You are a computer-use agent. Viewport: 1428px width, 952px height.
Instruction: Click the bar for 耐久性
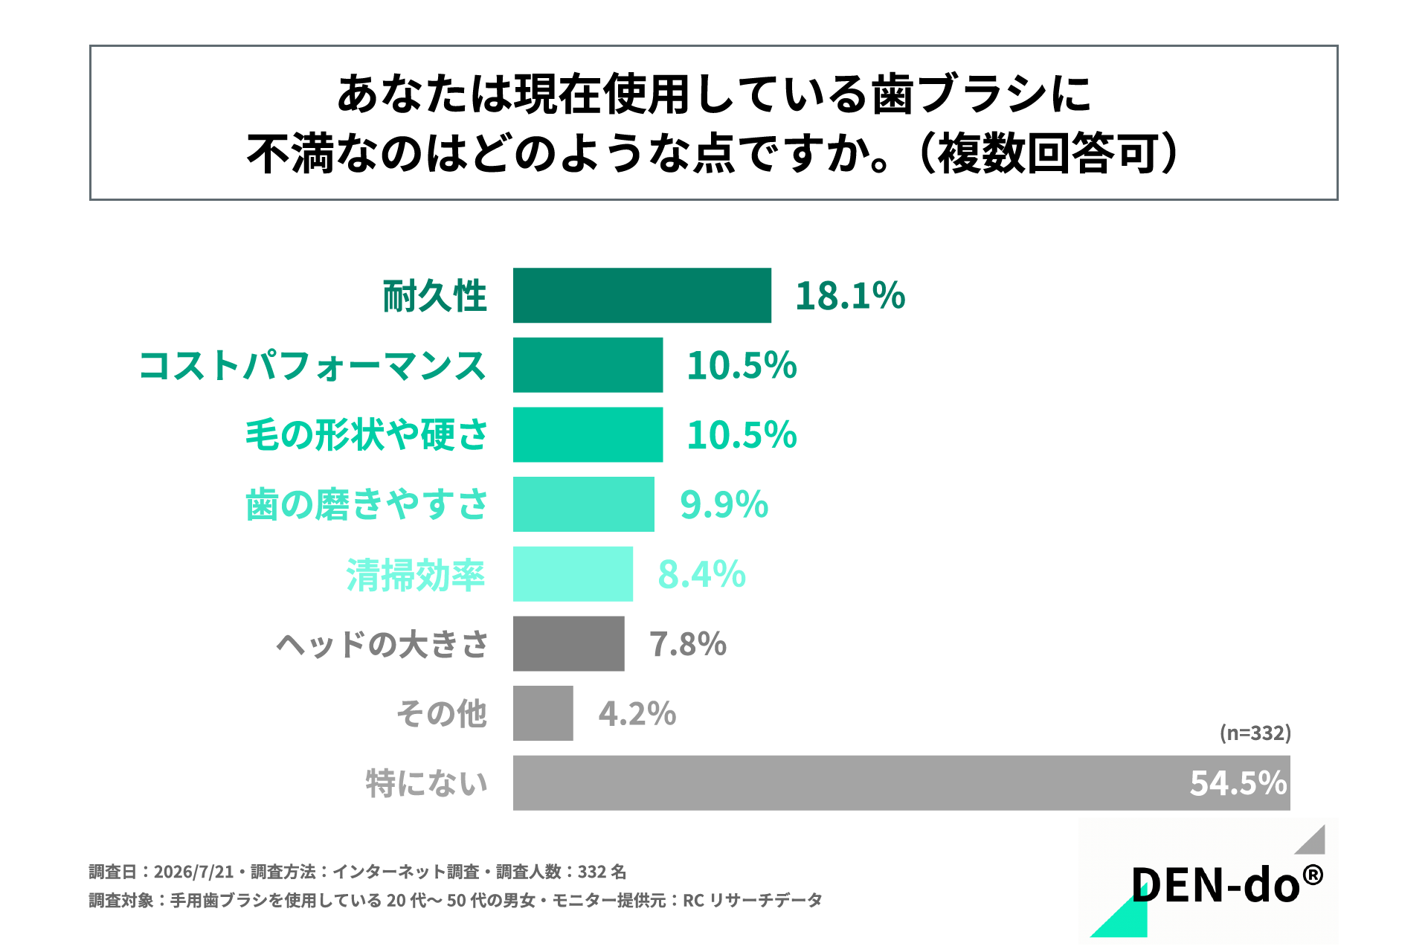[x=642, y=295]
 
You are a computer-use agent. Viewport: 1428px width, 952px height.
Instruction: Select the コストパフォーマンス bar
[x=588, y=365]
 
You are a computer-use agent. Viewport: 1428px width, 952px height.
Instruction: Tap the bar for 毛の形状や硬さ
[x=588, y=434]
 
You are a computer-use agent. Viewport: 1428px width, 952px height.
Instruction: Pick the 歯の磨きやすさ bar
[x=584, y=504]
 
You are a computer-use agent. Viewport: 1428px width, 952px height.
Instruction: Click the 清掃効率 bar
[x=573, y=574]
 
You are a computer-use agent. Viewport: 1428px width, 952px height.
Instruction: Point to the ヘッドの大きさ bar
[x=569, y=643]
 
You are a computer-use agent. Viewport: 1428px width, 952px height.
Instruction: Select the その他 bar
[x=543, y=713]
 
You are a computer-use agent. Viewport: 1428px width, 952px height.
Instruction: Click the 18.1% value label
[x=850, y=296]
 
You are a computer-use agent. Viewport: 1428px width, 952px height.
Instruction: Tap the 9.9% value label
[x=724, y=505]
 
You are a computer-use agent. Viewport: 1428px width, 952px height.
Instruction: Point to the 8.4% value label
[x=701, y=575]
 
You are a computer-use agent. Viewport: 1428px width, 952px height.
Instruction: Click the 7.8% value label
[x=688, y=644]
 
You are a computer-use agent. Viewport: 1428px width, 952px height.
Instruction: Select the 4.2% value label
[x=637, y=714]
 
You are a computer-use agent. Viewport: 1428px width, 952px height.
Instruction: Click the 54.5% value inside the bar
[x=1238, y=783]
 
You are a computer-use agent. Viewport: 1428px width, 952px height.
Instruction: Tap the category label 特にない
[x=426, y=783]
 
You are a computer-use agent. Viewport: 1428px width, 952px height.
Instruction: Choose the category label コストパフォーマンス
[x=312, y=366]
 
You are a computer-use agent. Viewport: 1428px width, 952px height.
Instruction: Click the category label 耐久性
[x=434, y=296]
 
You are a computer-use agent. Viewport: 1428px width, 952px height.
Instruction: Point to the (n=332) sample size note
[x=1255, y=733]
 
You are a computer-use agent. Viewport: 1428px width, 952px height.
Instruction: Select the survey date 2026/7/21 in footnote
[x=193, y=872]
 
